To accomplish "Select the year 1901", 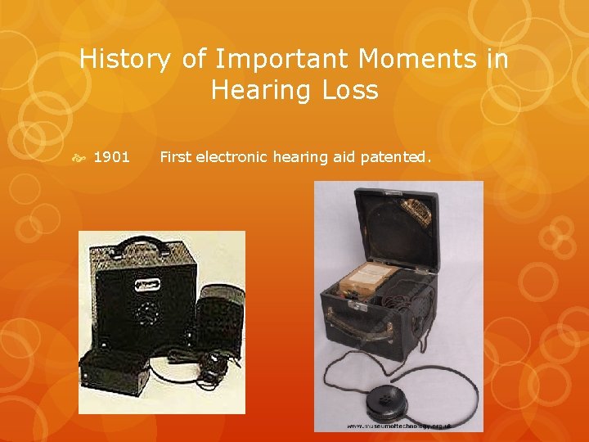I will (111, 156).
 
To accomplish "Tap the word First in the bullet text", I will (175, 156).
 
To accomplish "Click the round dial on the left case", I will (148, 313).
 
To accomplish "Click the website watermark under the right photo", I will (398, 426).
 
